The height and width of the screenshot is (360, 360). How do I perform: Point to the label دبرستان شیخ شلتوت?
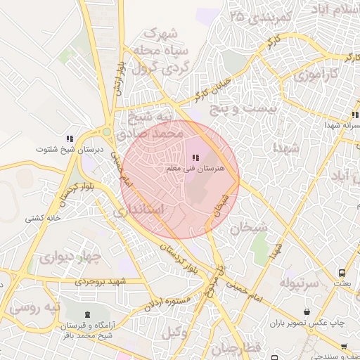[69, 150]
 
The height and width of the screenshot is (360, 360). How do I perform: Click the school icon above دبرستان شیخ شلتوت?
[69, 139]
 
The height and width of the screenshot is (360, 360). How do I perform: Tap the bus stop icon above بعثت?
[342, 272]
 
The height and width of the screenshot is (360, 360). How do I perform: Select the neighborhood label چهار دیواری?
[71, 256]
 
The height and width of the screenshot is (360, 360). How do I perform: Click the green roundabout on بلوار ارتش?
[106, 131]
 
